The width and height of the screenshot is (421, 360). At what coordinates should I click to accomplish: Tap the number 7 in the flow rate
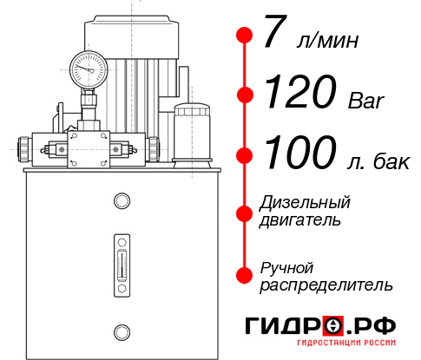(273, 36)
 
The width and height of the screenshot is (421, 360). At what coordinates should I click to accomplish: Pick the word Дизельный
(305, 203)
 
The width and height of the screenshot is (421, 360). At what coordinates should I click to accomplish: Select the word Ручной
(286, 267)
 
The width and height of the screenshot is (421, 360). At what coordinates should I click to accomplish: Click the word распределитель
(326, 285)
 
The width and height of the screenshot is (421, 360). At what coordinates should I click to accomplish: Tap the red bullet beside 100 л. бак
(244, 155)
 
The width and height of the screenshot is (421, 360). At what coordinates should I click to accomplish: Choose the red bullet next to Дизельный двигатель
(244, 213)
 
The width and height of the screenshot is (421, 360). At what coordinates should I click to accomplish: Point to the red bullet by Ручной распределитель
(244, 274)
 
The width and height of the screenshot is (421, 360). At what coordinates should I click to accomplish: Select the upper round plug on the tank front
(121, 202)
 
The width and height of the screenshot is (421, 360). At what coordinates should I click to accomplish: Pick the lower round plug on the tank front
(121, 331)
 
